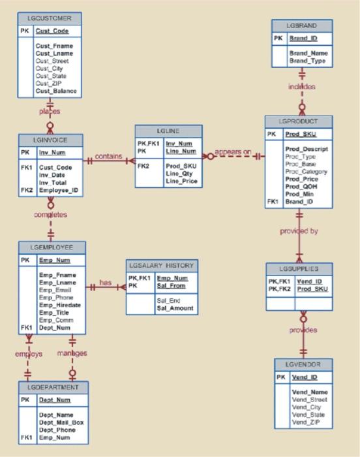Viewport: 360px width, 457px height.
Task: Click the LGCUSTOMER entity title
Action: coord(50,18)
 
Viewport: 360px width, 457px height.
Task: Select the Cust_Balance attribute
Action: coord(55,91)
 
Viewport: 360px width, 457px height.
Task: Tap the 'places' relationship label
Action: coord(50,112)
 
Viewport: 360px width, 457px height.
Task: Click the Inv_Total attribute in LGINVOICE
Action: coord(52,183)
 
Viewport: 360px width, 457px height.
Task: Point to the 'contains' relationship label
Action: coord(108,157)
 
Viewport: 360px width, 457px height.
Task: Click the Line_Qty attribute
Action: coord(179,174)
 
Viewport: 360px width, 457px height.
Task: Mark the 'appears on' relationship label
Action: coord(233,151)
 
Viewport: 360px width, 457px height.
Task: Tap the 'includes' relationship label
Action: coord(302,86)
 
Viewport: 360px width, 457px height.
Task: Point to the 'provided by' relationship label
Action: coord(299,230)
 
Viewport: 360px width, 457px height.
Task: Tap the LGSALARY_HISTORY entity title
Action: coord(161,266)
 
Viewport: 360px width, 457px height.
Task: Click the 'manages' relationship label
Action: coord(72,353)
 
